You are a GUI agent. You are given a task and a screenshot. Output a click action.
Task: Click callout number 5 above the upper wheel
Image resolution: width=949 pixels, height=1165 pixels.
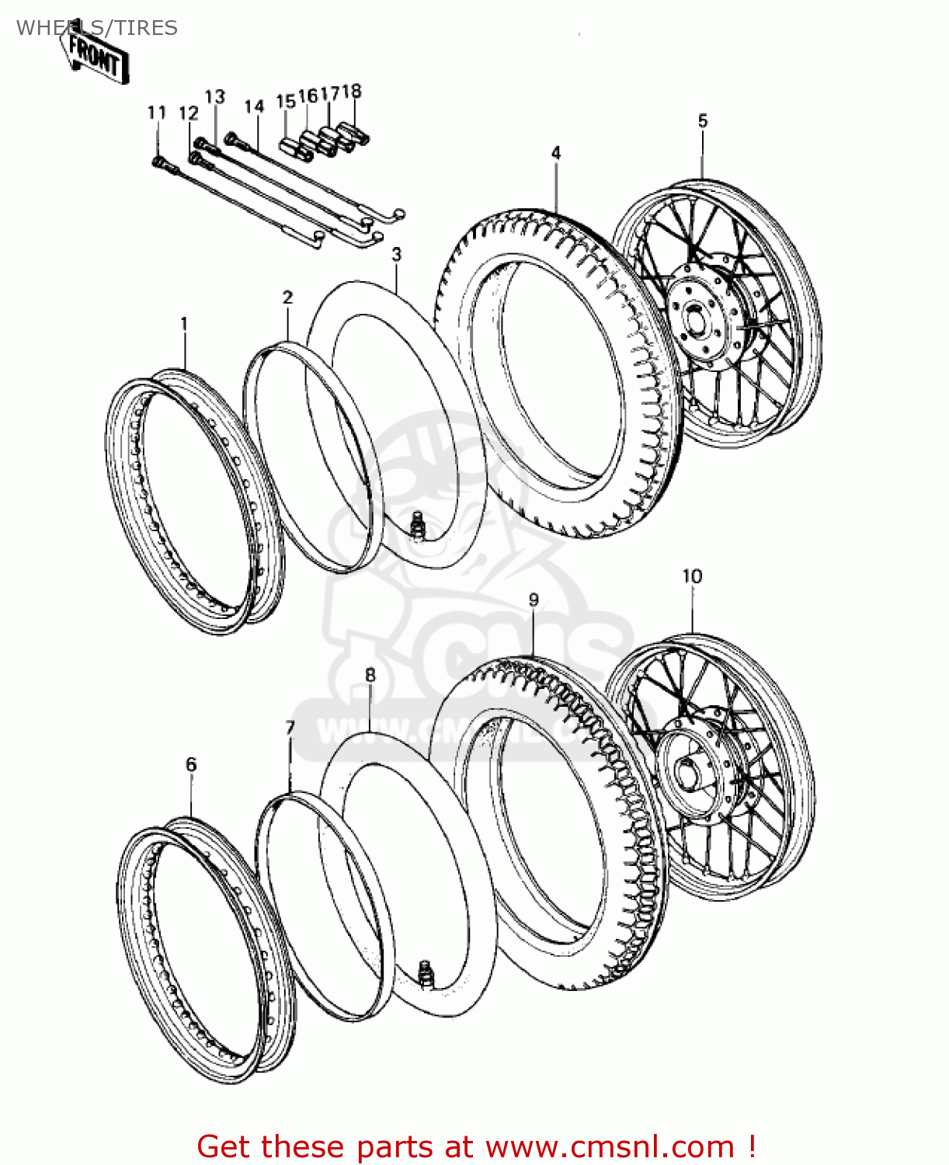coord(702,120)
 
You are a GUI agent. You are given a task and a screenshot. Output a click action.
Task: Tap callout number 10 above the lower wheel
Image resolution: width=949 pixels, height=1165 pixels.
coord(691,576)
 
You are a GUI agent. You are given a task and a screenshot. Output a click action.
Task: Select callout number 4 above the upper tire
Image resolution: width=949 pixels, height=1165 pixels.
coord(556,153)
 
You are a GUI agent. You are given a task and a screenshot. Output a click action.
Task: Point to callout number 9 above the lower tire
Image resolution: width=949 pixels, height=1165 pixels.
coord(534,600)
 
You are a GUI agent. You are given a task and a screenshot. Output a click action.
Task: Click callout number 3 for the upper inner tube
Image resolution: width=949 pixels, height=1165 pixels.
coord(397,254)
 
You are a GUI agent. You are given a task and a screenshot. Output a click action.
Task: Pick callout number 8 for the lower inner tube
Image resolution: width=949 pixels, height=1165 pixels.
coord(370,675)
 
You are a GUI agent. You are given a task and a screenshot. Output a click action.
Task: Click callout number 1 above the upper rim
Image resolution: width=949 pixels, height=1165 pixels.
coord(184,323)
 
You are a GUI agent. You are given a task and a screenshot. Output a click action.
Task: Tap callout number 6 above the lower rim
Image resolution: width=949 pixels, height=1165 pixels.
coord(191,764)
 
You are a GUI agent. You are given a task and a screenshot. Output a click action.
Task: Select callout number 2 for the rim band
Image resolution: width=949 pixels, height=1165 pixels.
coord(288,297)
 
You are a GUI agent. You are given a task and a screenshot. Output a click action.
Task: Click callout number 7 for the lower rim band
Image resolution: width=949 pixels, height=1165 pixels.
coord(290,728)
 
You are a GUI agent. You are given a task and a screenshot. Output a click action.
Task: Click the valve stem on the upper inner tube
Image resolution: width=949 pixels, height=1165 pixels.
coord(419,523)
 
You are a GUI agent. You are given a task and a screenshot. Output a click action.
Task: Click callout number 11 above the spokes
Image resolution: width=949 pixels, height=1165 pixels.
coord(157,113)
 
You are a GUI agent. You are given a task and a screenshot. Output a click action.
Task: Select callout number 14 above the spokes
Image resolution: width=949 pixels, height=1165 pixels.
coord(254,106)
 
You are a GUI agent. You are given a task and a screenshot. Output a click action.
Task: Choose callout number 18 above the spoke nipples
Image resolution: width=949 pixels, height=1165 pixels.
coord(352,91)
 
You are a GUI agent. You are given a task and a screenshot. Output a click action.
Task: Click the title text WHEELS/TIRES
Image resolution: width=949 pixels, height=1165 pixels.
coord(97,28)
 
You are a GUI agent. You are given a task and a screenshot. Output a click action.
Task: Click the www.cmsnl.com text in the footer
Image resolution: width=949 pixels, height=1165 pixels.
coord(610,1146)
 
